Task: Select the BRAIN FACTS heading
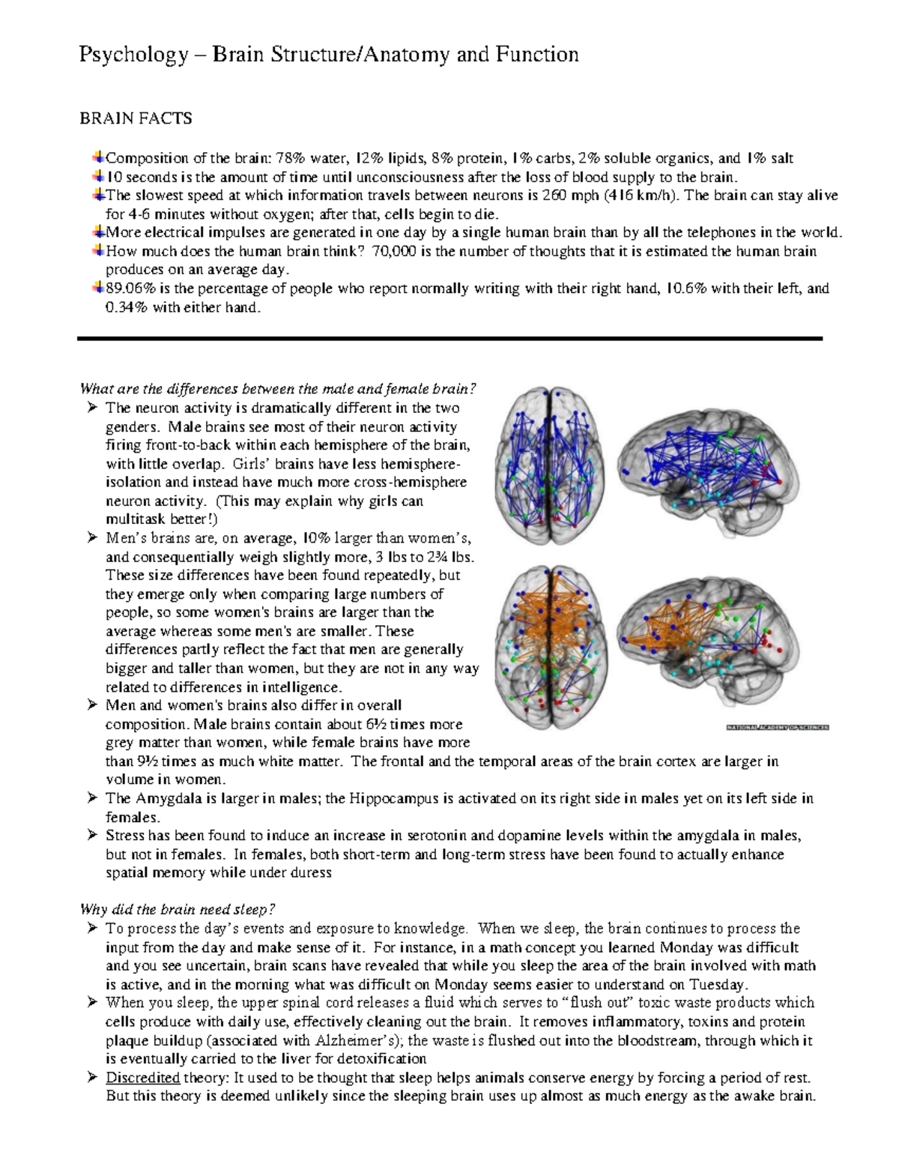point(136,118)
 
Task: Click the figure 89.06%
point(133,289)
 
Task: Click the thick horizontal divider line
point(449,339)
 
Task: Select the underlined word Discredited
point(142,1078)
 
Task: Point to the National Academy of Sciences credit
point(777,726)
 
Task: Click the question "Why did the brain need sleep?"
point(178,910)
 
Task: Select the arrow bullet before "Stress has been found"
point(91,835)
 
